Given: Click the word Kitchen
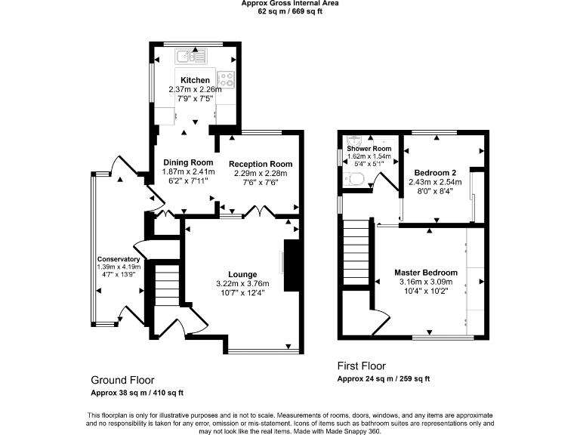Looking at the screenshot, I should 195,80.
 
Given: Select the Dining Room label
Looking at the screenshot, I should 188,162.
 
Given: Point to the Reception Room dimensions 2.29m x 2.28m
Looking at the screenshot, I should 260,173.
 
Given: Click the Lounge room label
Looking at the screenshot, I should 243,274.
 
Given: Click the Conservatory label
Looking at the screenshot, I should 119,259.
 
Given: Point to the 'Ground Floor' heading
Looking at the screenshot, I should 122,379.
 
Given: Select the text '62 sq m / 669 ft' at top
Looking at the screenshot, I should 290,12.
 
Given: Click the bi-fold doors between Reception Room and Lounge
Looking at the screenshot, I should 261,212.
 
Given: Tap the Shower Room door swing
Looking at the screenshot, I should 387,182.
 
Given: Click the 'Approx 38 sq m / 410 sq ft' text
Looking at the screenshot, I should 137,393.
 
